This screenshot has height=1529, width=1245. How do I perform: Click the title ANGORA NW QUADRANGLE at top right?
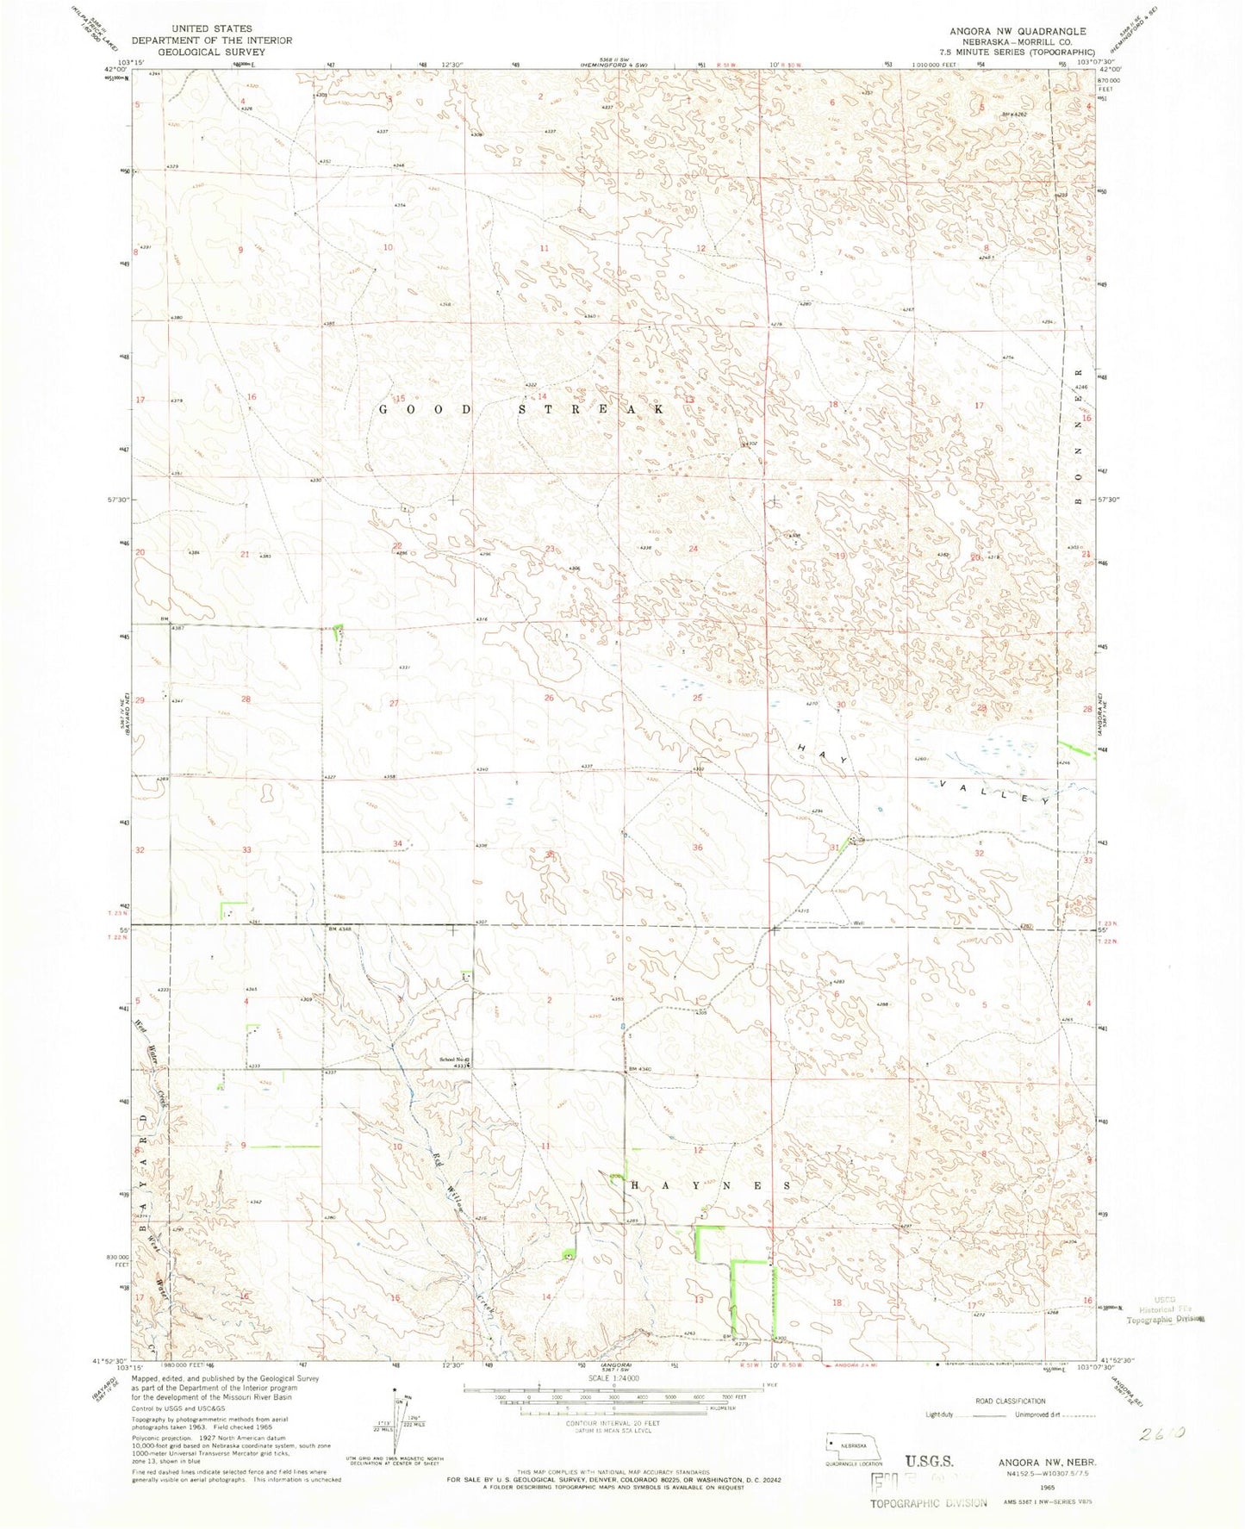click(x=1018, y=30)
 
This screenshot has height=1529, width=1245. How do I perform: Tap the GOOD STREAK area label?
click(x=522, y=410)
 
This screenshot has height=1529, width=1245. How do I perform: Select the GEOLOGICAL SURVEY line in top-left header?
click(x=212, y=51)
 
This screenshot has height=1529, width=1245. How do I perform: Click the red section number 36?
click(x=698, y=848)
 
